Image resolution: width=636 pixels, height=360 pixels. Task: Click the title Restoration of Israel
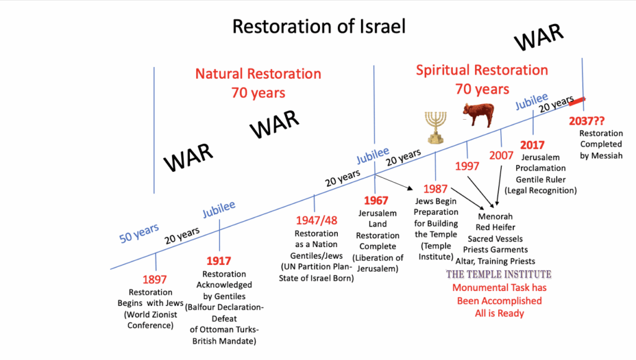click(319, 27)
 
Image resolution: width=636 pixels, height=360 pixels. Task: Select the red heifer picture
click(479, 115)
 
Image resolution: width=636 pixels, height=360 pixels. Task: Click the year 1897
click(155, 279)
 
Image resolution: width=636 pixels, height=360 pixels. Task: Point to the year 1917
click(219, 261)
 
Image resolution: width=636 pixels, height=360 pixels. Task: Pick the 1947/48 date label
click(316, 220)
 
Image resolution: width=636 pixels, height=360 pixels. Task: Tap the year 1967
click(376, 200)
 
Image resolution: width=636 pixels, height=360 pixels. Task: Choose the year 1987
click(435, 189)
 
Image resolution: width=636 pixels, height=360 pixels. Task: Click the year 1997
click(467, 166)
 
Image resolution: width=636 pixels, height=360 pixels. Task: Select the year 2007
click(501, 155)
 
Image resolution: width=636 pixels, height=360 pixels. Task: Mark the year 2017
click(532, 145)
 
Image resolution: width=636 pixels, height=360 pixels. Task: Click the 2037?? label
click(586, 121)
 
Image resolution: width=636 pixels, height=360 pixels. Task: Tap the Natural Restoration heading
click(258, 74)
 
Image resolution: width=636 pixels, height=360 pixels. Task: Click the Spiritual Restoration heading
click(482, 70)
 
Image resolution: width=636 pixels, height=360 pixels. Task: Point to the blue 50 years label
click(139, 233)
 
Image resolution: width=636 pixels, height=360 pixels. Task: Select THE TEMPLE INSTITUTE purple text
click(499, 274)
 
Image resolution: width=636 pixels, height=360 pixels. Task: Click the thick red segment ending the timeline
click(577, 101)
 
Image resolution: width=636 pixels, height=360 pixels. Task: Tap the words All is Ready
click(499, 313)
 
